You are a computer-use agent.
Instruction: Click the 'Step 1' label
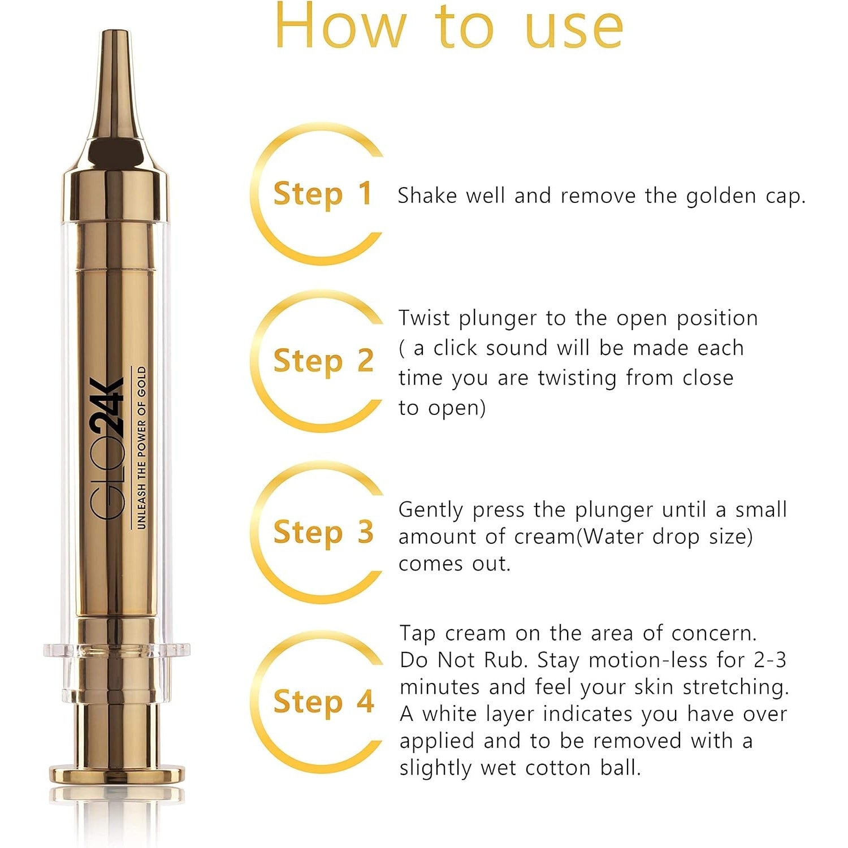point(322,193)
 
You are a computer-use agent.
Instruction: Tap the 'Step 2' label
point(323,361)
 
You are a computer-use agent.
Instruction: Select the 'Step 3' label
point(323,532)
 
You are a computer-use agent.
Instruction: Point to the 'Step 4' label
point(323,702)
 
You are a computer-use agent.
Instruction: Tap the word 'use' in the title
point(574,31)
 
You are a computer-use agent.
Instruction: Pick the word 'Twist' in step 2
point(423,318)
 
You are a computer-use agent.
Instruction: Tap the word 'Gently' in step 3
point(432,510)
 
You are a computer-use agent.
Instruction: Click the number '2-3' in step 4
point(770,660)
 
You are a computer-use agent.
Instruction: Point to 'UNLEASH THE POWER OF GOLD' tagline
point(141,448)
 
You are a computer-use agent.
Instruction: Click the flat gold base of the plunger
point(116,775)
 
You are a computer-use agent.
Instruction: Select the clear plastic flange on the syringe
point(116,650)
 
